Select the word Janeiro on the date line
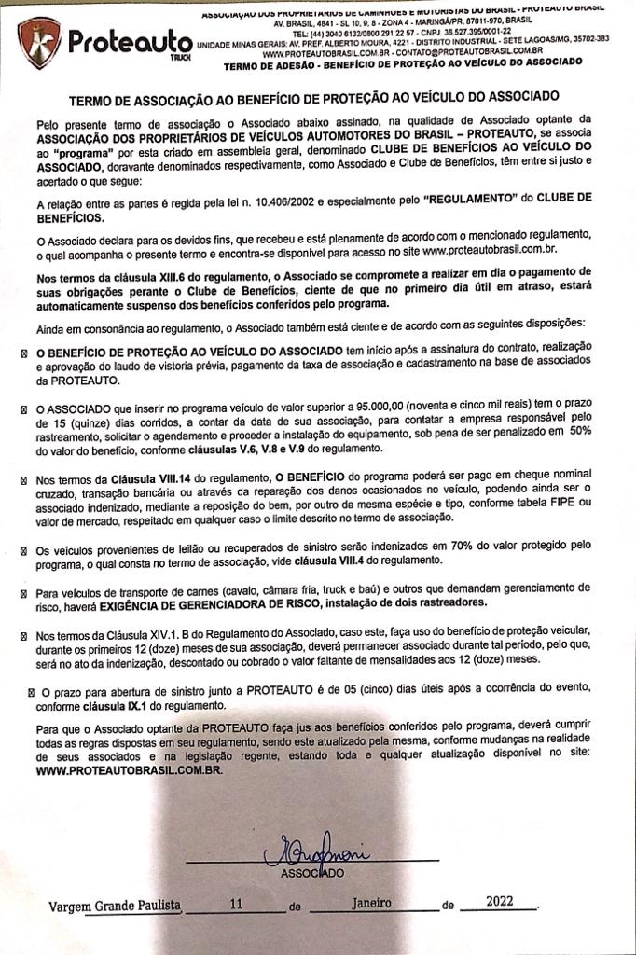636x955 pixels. pyautogui.click(x=372, y=903)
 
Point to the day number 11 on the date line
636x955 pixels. pyautogui.click(x=235, y=904)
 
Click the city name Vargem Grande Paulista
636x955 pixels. pyautogui.click(x=116, y=905)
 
